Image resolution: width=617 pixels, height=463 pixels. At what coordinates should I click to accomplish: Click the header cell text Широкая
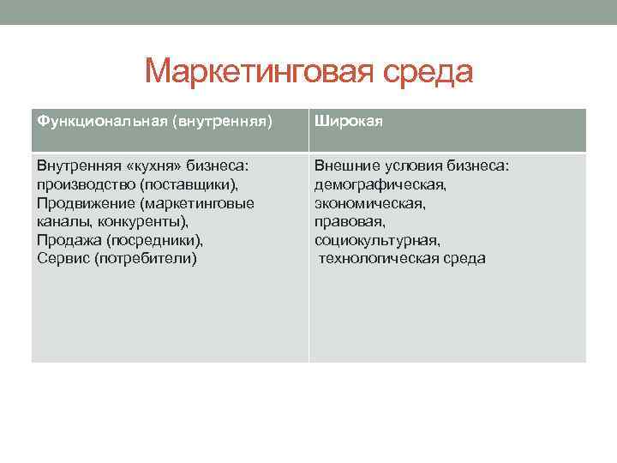click(348, 121)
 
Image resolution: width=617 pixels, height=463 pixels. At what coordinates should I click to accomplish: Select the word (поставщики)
click(190, 184)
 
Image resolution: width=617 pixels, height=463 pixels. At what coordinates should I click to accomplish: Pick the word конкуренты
click(141, 221)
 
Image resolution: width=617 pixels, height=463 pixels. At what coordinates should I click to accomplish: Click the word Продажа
click(69, 240)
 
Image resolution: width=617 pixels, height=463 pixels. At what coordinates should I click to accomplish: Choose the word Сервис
click(63, 258)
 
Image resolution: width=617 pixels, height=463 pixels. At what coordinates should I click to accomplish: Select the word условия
click(416, 165)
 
